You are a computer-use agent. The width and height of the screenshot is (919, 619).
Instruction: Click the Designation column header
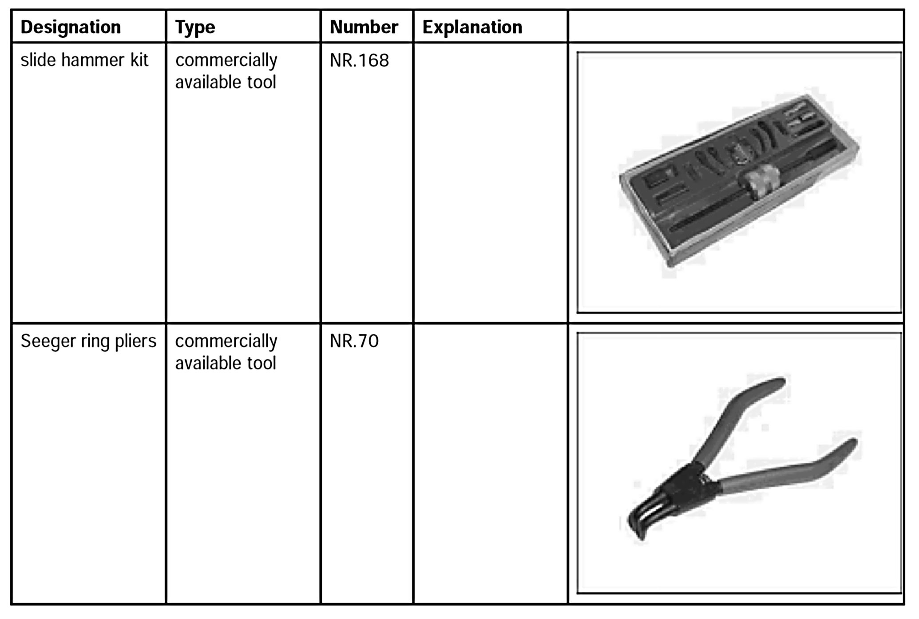point(71,28)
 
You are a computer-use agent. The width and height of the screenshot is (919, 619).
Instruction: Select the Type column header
point(195,28)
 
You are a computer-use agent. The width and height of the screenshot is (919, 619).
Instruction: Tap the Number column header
point(364,28)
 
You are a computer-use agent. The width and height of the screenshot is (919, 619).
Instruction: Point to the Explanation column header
point(472,28)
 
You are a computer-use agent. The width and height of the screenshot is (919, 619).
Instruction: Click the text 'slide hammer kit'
point(84,60)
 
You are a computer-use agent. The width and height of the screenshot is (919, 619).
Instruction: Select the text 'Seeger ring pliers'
point(88,341)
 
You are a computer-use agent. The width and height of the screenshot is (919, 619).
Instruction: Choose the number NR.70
point(354,341)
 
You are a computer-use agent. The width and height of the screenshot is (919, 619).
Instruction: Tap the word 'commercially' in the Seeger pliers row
point(226,341)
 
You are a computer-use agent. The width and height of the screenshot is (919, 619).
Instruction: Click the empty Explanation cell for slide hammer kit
point(490,182)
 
